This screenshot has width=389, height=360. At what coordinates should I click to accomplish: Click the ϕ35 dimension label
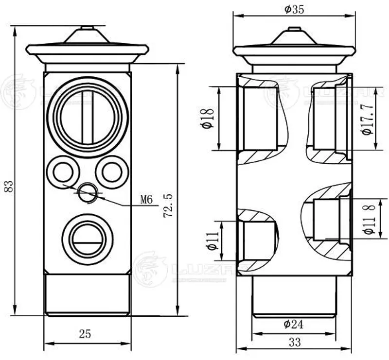pyautogui.click(x=294, y=9)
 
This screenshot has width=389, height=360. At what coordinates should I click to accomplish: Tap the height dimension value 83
pyautogui.click(x=9, y=186)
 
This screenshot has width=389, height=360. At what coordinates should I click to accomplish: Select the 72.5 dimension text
pyautogui.click(x=168, y=206)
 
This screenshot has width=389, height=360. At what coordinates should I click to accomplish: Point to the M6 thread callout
pyautogui.click(x=146, y=199)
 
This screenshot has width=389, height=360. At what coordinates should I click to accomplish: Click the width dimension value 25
pyautogui.click(x=85, y=334)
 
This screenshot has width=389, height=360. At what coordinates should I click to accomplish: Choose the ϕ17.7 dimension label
pyautogui.click(x=368, y=119)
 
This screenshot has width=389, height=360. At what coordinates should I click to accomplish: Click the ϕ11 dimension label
pyautogui.click(x=212, y=240)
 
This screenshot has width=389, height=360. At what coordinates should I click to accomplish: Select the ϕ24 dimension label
pyautogui.click(x=293, y=324)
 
